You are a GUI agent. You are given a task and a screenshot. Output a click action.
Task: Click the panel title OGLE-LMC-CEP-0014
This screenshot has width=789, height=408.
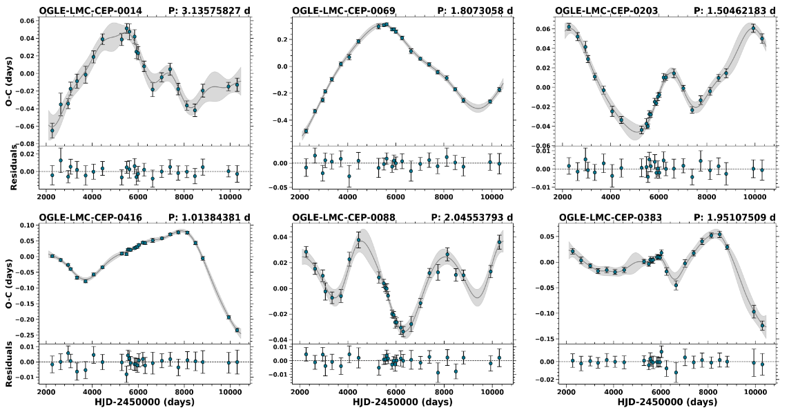tap(82, 10)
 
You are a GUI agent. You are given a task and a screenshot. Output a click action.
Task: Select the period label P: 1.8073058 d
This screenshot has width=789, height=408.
tap(476, 10)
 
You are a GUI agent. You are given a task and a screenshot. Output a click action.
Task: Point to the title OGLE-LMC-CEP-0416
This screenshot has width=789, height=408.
tap(82, 217)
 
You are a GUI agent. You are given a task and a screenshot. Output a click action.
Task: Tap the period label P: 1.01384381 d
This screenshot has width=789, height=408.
tap(208, 217)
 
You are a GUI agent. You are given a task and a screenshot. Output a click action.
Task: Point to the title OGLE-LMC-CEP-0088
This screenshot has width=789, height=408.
tap(333, 217)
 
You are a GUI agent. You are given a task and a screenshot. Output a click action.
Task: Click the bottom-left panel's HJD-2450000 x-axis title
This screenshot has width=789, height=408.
tap(144, 402)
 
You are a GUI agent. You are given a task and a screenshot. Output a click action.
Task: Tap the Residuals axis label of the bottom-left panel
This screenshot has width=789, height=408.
tap(9, 362)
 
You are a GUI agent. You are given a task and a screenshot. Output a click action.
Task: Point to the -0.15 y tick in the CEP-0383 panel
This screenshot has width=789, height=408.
tap(548, 338)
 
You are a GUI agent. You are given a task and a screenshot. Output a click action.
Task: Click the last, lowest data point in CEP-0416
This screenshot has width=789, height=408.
tap(237, 330)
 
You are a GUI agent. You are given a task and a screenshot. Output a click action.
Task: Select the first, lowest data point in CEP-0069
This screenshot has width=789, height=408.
tap(306, 131)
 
